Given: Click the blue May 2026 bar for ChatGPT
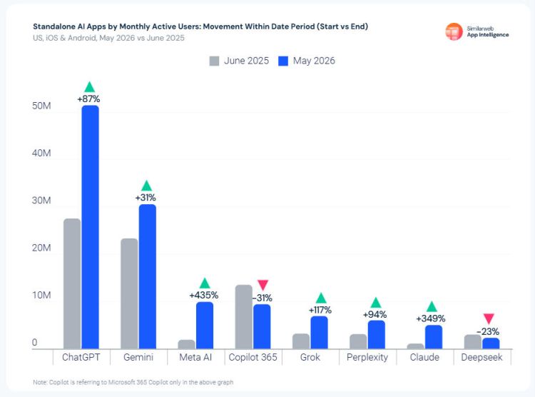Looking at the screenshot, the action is click(90, 227).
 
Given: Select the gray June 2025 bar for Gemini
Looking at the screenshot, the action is click(129, 293).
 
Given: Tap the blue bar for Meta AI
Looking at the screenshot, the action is click(205, 326).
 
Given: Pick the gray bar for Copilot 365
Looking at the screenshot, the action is click(244, 317).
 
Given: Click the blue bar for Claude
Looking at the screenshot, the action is click(434, 337).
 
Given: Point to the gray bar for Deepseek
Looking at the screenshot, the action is click(473, 342).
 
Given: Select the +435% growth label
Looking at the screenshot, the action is click(204, 295).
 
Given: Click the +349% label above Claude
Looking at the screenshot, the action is click(431, 318).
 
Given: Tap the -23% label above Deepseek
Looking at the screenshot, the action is click(488, 332).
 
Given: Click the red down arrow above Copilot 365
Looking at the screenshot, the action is click(263, 285).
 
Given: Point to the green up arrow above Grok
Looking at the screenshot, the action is click(321, 298).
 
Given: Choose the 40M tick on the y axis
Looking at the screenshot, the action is click(41, 153).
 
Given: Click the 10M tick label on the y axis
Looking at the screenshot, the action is click(41, 295).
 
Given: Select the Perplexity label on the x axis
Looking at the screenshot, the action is click(367, 357).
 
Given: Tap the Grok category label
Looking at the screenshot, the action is click(310, 357).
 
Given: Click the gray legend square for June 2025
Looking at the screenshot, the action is click(214, 61).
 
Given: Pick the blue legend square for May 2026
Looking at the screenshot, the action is click(283, 61).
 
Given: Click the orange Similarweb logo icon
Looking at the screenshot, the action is click(454, 31).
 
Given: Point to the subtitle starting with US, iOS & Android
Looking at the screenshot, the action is click(108, 38).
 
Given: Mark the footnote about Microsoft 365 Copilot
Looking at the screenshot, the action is click(133, 382).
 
